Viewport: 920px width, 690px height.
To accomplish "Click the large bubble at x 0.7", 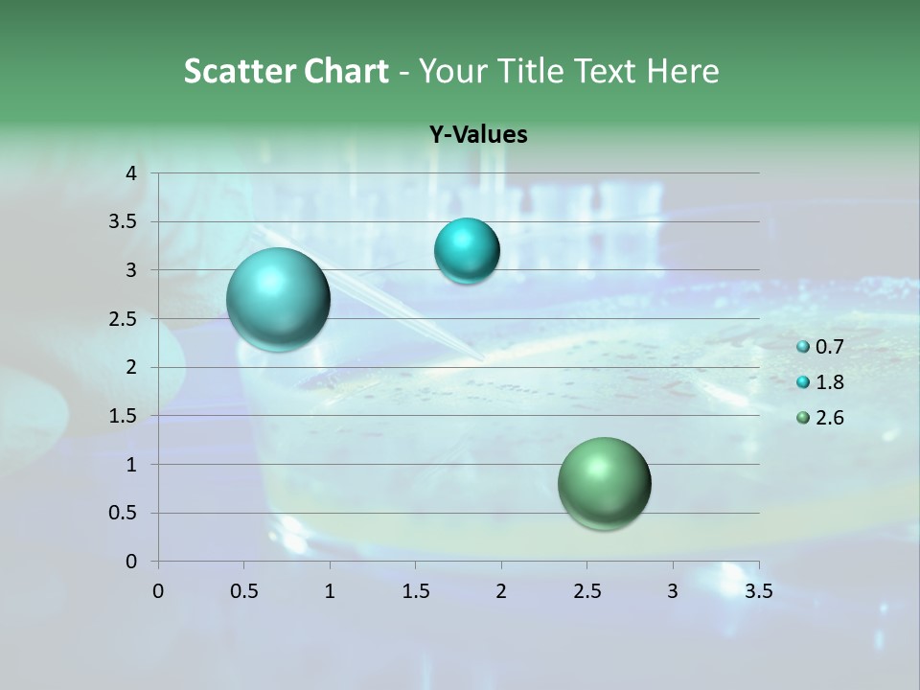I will tap(279, 299).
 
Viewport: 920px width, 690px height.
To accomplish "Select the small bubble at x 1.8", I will tap(467, 251).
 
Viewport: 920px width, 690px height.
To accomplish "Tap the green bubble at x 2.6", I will tap(604, 483).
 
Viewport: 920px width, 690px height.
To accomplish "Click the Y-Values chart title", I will tap(478, 135).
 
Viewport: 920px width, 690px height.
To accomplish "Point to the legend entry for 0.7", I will tap(820, 347).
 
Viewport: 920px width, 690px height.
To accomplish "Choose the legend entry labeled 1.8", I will tap(820, 382).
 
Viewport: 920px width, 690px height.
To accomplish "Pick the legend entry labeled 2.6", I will tap(820, 418).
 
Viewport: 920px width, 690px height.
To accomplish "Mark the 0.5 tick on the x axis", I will tap(244, 591).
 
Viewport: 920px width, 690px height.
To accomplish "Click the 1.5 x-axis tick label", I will tap(416, 591).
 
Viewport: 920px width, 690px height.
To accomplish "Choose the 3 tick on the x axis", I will tap(673, 591).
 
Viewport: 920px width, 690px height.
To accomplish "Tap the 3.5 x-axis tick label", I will tap(759, 591).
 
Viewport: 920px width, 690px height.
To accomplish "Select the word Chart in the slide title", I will tap(346, 71).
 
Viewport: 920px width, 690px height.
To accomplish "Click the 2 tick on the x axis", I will tap(501, 591).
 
